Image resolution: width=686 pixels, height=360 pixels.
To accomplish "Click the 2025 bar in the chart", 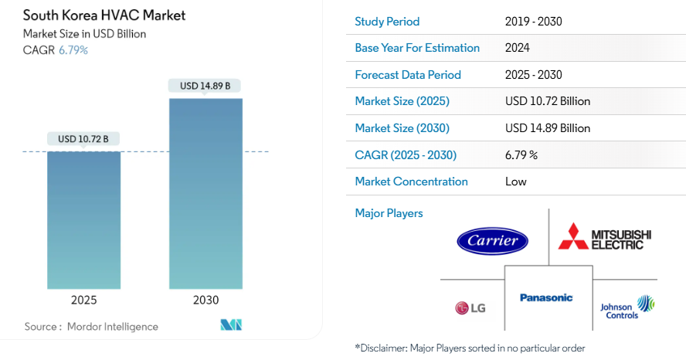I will (x=83, y=219).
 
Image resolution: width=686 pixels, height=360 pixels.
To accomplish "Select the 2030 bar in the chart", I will (x=205, y=193).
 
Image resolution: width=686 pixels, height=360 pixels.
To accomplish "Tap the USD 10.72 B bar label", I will (x=83, y=139).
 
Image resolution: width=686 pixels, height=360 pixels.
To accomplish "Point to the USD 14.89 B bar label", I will (x=205, y=86).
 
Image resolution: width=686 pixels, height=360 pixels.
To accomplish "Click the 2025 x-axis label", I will (x=83, y=300).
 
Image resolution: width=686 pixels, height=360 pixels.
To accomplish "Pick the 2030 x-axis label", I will (x=205, y=300).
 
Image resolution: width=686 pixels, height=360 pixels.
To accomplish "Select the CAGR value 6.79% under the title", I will (x=73, y=50).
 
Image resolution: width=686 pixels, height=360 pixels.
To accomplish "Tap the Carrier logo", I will (x=492, y=240).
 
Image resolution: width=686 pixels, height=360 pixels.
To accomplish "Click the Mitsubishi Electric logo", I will (x=605, y=238).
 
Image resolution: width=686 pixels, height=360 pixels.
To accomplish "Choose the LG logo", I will (x=470, y=308).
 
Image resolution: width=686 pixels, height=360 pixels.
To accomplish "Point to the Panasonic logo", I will (x=546, y=297).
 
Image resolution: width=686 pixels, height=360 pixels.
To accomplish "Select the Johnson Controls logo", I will (x=627, y=307).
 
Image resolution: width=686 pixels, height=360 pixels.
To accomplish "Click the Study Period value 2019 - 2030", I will (x=534, y=21).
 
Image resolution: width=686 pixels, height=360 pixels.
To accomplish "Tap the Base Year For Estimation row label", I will (x=417, y=48).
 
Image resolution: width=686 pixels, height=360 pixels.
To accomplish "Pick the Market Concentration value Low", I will (x=516, y=182).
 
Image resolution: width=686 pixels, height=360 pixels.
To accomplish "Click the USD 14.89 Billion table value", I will (x=548, y=128).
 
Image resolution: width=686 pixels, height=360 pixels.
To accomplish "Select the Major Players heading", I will (x=389, y=213).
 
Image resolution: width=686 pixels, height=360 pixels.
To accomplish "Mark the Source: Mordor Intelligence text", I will (x=91, y=327).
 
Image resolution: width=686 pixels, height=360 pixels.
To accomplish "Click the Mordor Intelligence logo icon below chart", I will (x=232, y=325).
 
